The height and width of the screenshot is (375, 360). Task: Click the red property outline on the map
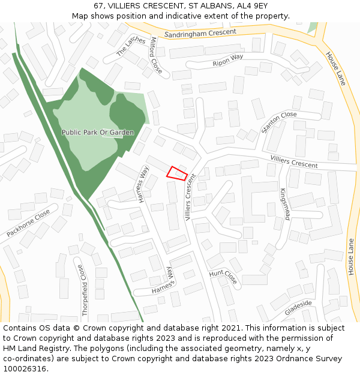pyautogui.click(x=177, y=173)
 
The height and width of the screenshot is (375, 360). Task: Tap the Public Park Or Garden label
pyautogui.click(x=98, y=132)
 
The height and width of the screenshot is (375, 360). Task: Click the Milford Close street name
pyautogui.click(x=155, y=55)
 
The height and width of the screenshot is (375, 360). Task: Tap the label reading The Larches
pyautogui.click(x=131, y=46)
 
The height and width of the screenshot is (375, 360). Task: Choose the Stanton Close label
pyautogui.click(x=279, y=122)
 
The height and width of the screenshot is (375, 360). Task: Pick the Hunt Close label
pyautogui.click(x=223, y=277)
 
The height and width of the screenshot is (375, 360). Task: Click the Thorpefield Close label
pyautogui.click(x=85, y=290)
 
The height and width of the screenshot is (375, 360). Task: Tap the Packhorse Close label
pyautogui.click(x=28, y=223)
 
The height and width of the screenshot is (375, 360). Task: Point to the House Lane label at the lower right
pyautogui.click(x=351, y=257)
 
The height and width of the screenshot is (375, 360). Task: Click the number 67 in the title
pyautogui.click(x=98, y=5)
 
